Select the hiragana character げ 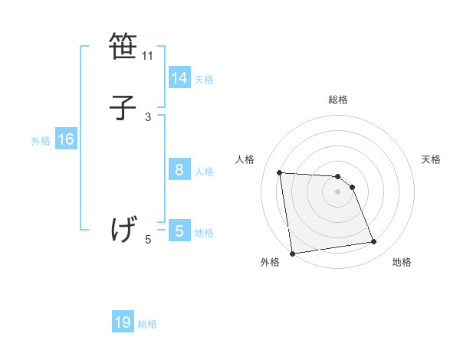pos(123,229)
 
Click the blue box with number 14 pos(179,78)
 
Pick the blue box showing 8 pos(179,170)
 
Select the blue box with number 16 pos(66,139)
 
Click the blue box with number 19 pos(123,322)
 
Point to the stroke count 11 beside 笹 pos(148,56)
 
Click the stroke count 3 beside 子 pos(148,116)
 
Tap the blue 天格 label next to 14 pos(204,80)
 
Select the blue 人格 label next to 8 pos(204,172)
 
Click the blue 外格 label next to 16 pos(41,141)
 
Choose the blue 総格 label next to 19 pos(147,324)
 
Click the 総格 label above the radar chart pos(338,100)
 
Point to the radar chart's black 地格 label pos(402,262)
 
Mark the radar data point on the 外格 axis pos(292,253)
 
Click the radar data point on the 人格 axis pos(280,172)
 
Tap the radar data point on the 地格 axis pos(374,242)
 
